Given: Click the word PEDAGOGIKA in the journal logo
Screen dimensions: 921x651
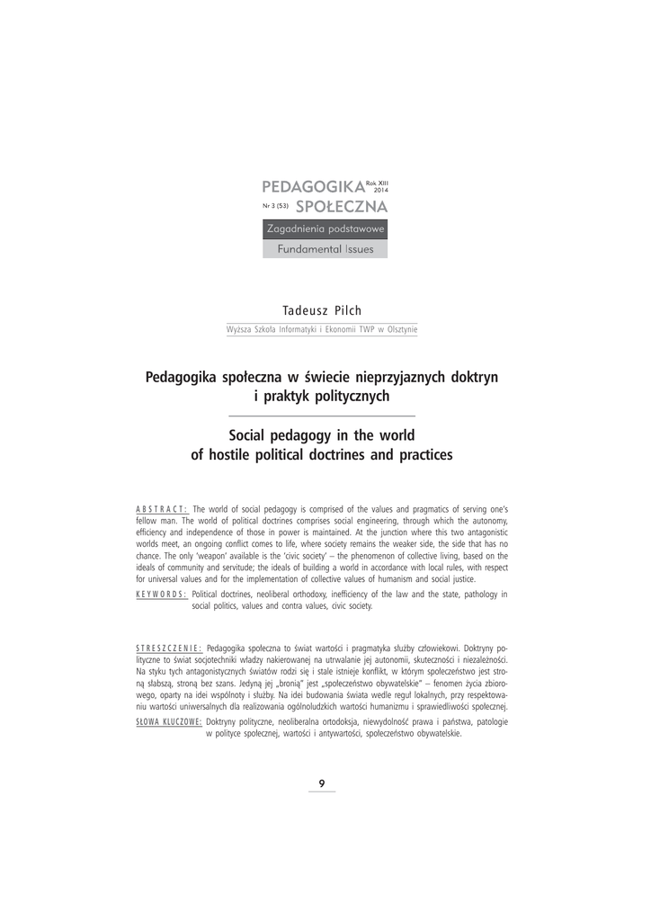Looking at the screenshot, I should (x=312, y=187).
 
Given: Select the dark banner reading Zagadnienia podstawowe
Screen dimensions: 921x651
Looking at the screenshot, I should (x=325, y=230).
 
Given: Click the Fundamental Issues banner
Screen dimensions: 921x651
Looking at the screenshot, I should (x=325, y=249).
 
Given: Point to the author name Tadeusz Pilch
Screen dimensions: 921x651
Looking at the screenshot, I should (x=322, y=310).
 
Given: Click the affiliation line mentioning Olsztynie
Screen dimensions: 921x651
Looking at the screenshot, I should (x=322, y=330).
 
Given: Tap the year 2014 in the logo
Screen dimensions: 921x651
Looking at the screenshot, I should (x=380, y=191).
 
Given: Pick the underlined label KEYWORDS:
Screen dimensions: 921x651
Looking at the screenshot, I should (x=162, y=595).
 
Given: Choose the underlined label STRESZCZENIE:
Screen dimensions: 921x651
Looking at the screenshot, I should (x=168, y=648).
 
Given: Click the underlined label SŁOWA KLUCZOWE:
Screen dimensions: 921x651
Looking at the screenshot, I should (x=169, y=722).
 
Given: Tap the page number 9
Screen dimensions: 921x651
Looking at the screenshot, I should (x=322, y=782).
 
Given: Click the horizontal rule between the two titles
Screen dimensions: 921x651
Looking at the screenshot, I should (x=322, y=416).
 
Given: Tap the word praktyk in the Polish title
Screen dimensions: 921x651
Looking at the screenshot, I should (x=291, y=395).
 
